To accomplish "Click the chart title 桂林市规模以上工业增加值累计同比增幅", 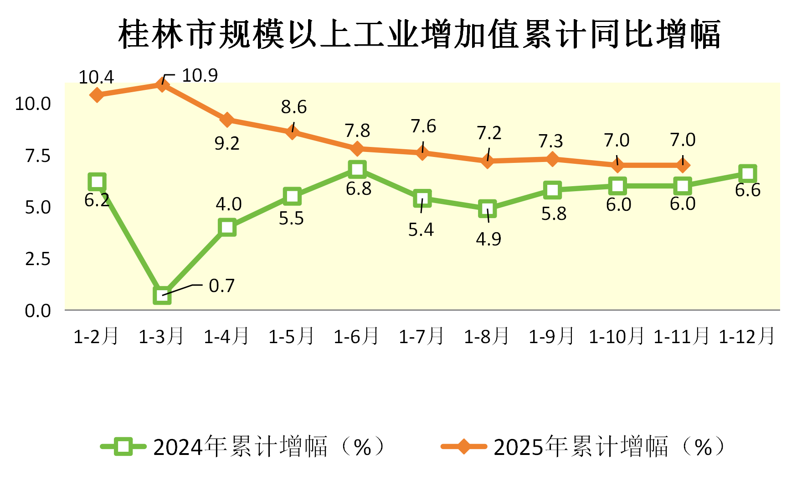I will click(419, 34).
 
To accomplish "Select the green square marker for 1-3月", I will click(162, 295).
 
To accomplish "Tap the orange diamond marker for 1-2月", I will click(97, 95).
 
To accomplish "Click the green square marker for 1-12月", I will click(748, 173).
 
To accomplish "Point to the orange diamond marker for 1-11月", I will click(683, 165).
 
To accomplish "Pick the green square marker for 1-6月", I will click(357, 169).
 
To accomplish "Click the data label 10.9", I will click(200, 75).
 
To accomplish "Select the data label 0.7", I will click(221, 286).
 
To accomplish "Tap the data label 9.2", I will click(227, 144).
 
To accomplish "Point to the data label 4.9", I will click(488, 239).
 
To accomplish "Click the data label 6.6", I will click(748, 190).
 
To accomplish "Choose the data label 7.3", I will click(551, 141).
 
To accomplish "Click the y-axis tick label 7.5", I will click(38, 156).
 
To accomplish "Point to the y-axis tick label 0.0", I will click(38, 311).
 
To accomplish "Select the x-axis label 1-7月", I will click(422, 337).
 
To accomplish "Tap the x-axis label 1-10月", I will click(617, 337).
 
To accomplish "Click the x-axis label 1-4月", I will click(226, 337).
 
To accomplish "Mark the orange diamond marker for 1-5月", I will click(292, 132).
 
